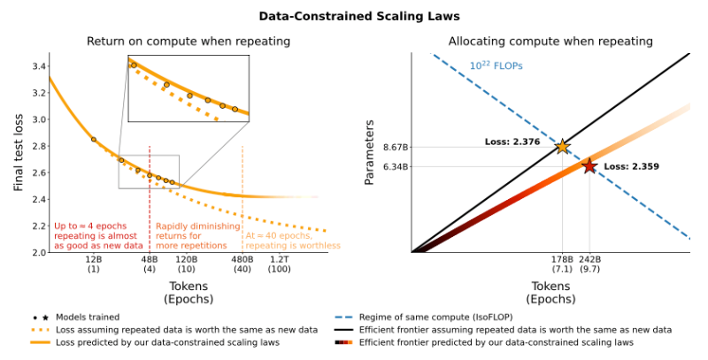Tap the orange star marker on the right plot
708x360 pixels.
coord(562,146)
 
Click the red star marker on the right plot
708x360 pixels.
coord(589,165)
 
